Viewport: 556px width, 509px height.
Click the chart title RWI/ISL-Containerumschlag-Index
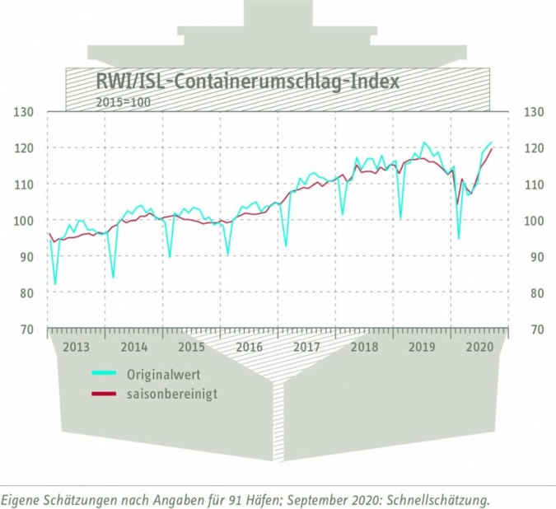[246, 82]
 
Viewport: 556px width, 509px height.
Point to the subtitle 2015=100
[124, 102]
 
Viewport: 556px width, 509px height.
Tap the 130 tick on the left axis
[26, 112]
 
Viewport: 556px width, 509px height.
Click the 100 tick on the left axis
[26, 221]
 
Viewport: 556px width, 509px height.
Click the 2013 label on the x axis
[76, 347]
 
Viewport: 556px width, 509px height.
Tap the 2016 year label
[249, 347]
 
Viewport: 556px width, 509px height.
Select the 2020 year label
[479, 347]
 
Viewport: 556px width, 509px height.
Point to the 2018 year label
[364, 347]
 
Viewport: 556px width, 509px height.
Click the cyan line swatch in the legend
[104, 375]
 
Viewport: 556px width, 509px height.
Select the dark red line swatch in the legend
[104, 395]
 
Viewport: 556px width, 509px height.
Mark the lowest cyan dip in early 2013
[55, 284]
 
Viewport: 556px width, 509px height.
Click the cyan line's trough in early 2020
[459, 239]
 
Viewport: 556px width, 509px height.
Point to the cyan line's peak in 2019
[425, 142]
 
